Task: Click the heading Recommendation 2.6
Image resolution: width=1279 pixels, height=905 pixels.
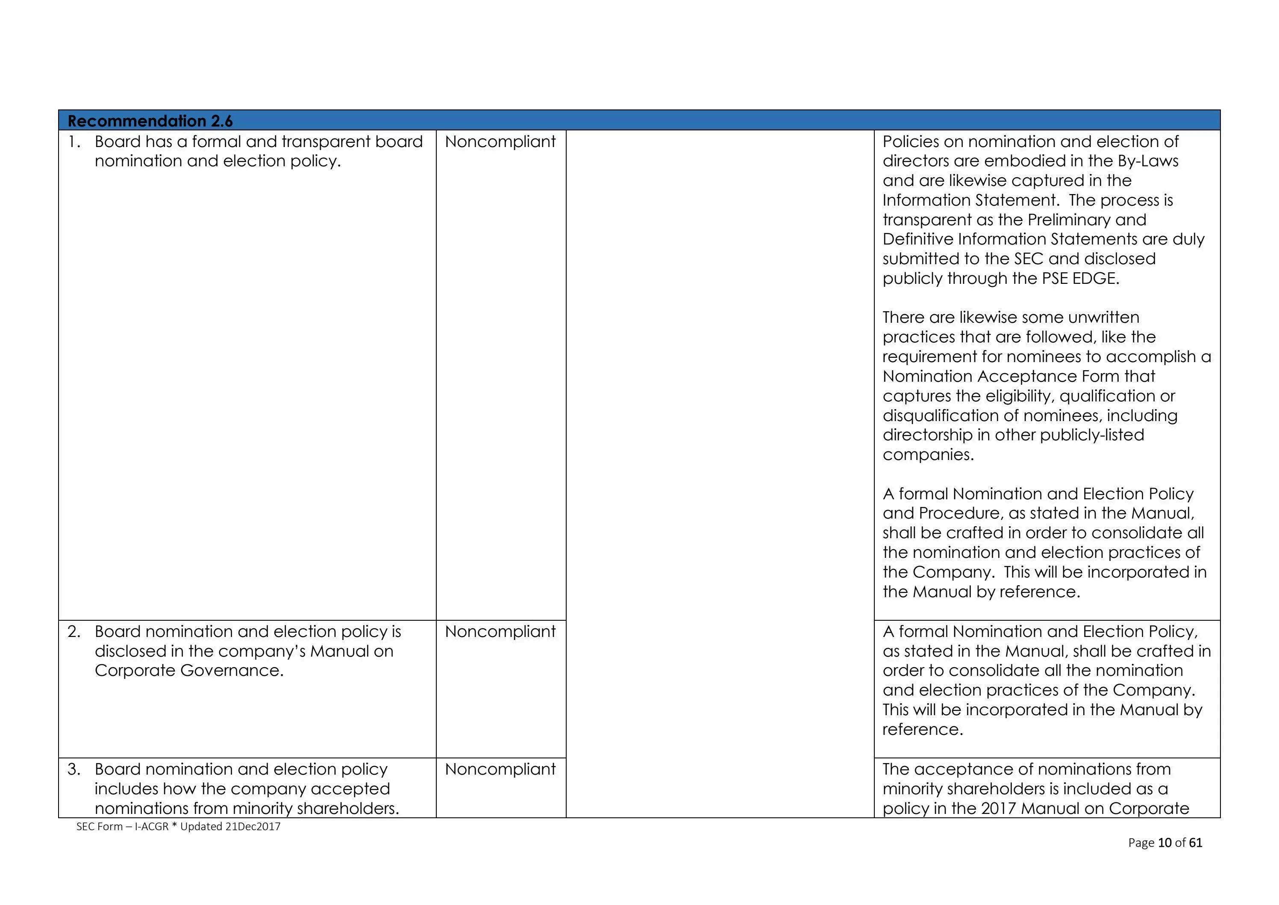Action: tap(150, 121)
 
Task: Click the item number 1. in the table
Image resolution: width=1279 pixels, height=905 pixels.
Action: tap(75, 141)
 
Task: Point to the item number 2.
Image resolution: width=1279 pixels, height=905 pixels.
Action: tap(75, 631)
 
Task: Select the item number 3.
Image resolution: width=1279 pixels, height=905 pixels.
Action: tap(75, 769)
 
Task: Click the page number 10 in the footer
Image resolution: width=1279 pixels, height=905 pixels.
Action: tap(1165, 843)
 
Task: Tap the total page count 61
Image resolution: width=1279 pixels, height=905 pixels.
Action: tap(1195, 843)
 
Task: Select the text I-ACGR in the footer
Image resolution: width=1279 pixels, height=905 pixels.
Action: tap(152, 826)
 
